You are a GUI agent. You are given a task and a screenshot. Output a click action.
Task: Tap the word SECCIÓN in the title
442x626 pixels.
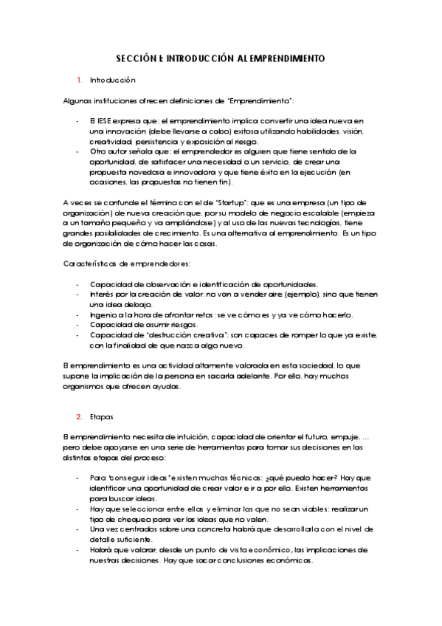(137, 57)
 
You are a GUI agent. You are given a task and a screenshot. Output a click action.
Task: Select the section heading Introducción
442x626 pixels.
(113, 79)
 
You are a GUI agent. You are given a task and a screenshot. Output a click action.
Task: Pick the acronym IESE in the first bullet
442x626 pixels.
(103, 120)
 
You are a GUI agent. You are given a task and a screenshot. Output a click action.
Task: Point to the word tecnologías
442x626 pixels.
(317, 222)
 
